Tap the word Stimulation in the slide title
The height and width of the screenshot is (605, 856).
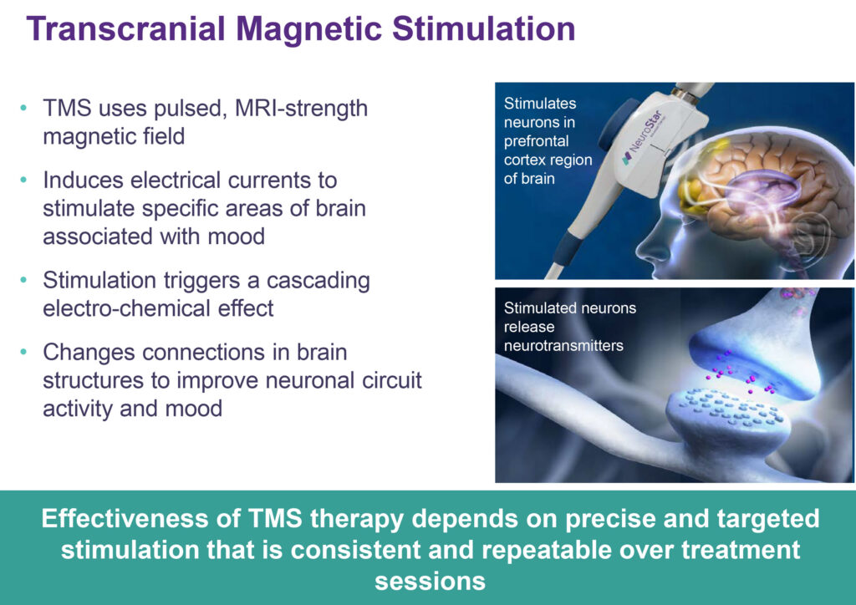[484, 29]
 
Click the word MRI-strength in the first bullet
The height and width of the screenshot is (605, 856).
[301, 109]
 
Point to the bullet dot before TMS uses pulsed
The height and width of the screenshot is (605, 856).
[23, 108]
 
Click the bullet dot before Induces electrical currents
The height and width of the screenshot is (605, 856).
[23, 180]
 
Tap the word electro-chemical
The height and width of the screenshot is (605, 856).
[127, 309]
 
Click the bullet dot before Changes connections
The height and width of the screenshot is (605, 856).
[23, 352]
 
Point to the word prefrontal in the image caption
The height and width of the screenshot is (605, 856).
[536, 141]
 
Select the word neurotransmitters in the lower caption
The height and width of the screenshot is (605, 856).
[563, 346]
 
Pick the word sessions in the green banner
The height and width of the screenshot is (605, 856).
[431, 582]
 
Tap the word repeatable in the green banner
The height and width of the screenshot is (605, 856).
[550, 551]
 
